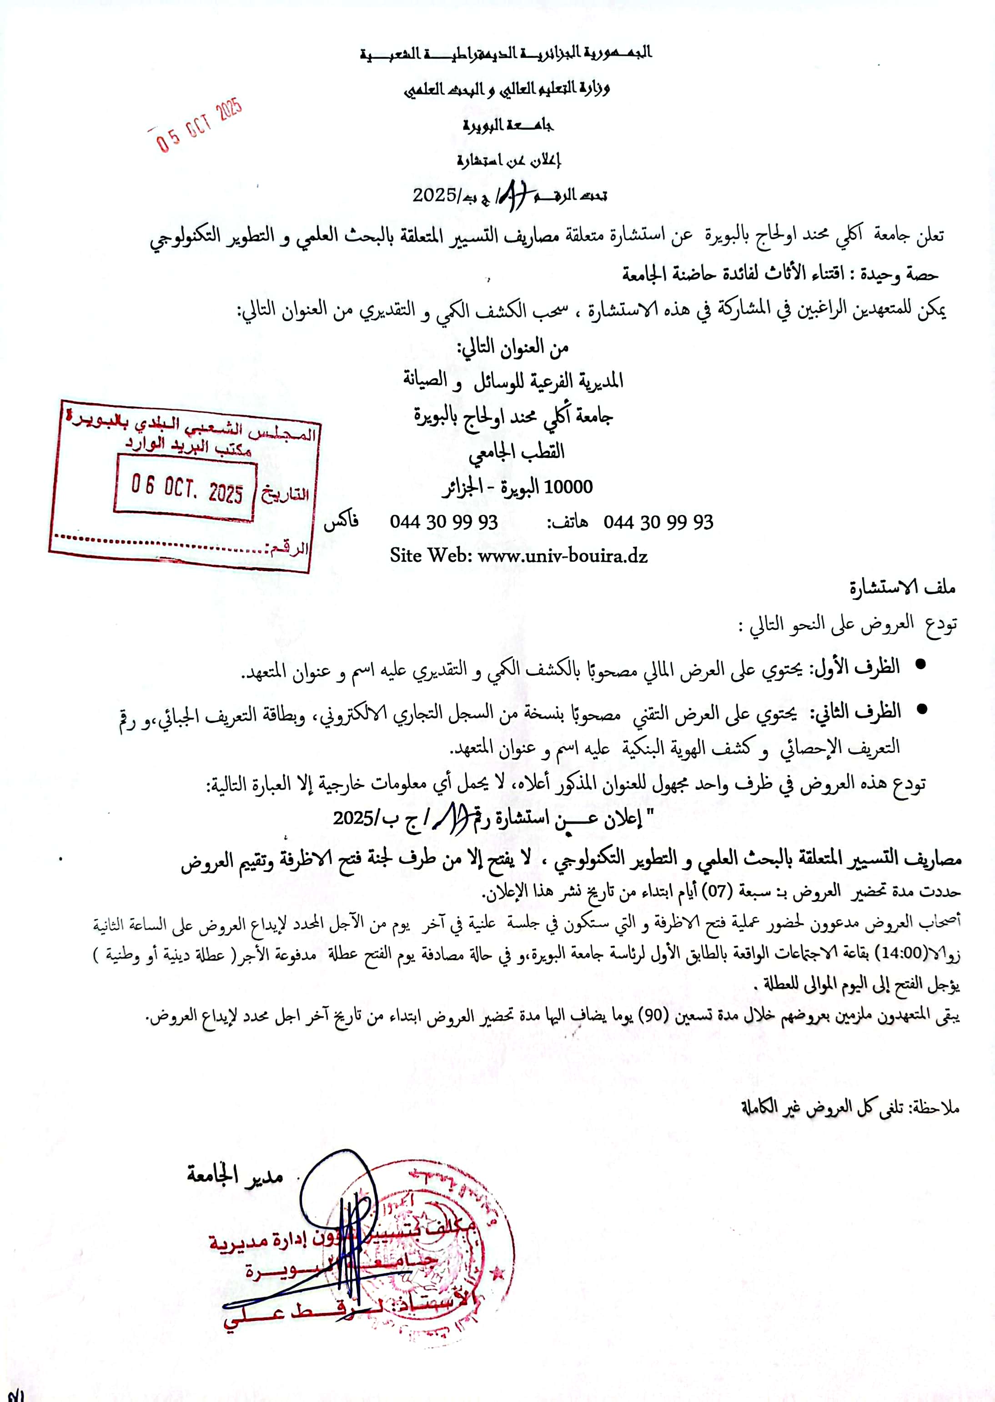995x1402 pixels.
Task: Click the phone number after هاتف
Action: pyautogui.click(x=658, y=522)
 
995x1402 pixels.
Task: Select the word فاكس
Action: pyautogui.click(x=341, y=522)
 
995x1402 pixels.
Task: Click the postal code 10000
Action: pyautogui.click(x=568, y=487)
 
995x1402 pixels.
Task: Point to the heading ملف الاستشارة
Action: pyautogui.click(x=902, y=588)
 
